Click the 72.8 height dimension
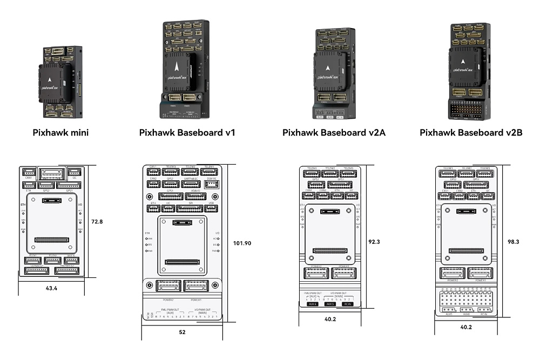(98, 222)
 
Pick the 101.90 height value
(241, 243)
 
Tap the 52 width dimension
(182, 332)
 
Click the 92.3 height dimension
(374, 242)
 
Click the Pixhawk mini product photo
(60, 82)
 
